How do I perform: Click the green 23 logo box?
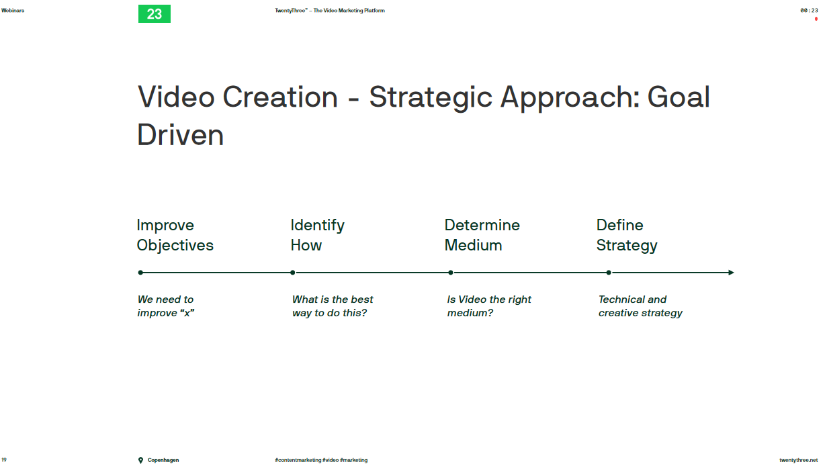coord(155,13)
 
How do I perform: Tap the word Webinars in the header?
coord(13,10)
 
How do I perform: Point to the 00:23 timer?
coord(809,10)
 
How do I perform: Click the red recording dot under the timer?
coord(816,19)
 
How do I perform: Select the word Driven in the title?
coord(180,135)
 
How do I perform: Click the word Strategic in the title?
coord(431,98)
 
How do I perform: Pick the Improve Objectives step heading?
coord(175,235)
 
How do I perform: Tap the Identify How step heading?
coord(318,235)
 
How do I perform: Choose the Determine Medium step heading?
coord(482,235)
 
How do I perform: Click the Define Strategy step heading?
coord(627,235)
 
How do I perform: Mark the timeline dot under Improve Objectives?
coord(140,273)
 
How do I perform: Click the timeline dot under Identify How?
coord(293,273)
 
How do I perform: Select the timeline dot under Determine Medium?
coord(451,273)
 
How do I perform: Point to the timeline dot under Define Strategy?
coord(609,273)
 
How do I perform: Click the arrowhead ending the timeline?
coord(732,273)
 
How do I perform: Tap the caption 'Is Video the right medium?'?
coord(489,306)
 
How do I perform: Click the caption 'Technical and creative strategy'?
coord(640,306)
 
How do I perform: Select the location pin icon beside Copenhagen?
coord(140,460)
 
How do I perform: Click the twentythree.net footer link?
coord(799,460)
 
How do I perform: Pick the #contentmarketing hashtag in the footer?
coord(298,460)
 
